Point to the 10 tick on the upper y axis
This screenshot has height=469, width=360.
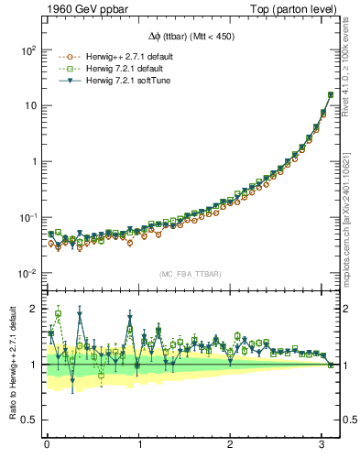pyautogui.click(x=30, y=106)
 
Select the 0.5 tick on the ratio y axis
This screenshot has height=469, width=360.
pyautogui.click(x=28, y=420)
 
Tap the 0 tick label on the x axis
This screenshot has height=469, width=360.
pyautogui.click(x=47, y=444)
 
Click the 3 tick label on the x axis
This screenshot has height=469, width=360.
pyautogui.click(x=322, y=444)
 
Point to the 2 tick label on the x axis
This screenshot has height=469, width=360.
pyautogui.click(x=231, y=444)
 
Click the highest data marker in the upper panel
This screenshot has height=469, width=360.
pyautogui.click(x=331, y=94)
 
